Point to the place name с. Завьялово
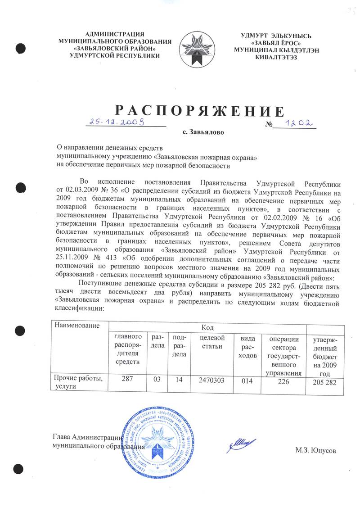coord(202,133)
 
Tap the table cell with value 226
coord(283,381)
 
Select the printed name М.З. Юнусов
coord(315,450)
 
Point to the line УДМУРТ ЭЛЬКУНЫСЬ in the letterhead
coord(276,36)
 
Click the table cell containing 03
coord(157,381)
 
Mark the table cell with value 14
coord(180,381)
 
